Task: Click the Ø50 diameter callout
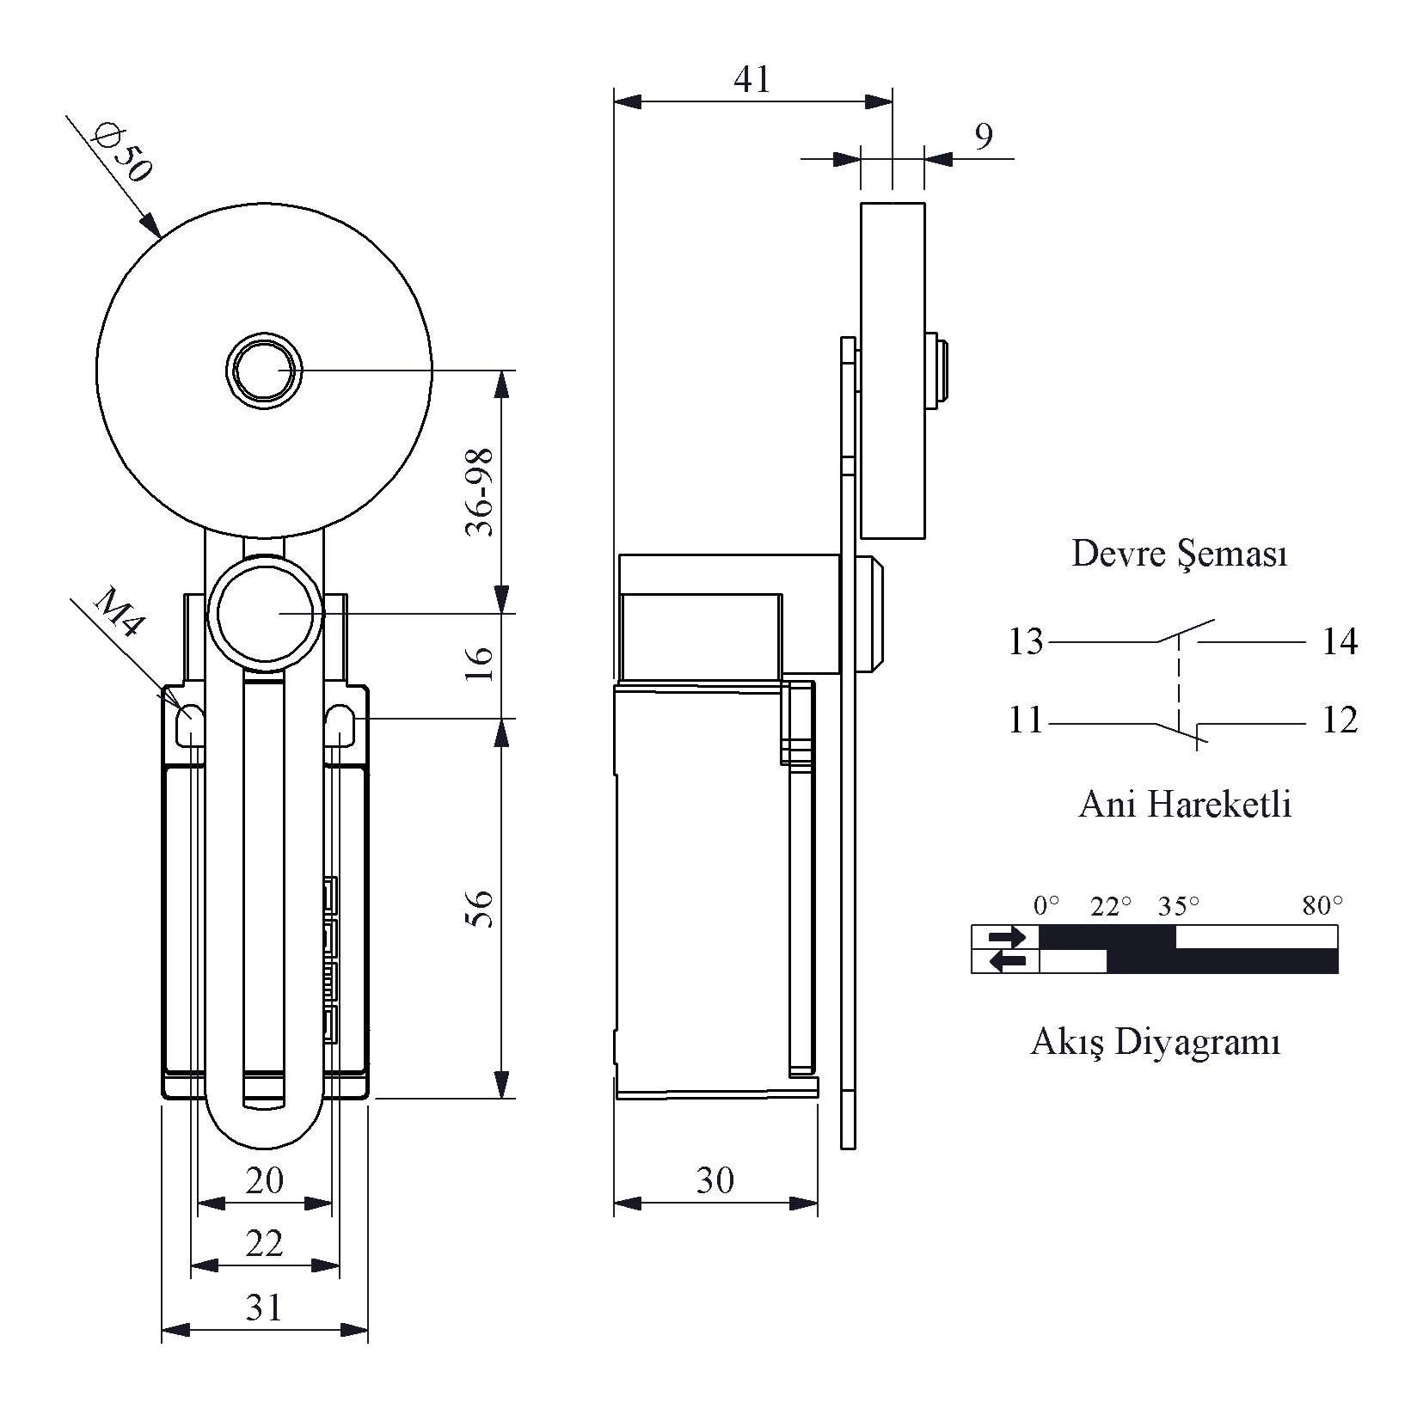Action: tap(124, 154)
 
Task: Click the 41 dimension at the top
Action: tap(752, 80)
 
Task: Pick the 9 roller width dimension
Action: tap(984, 136)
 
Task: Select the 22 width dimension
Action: tap(264, 1243)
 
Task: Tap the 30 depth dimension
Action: tap(715, 1181)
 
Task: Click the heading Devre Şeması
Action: tap(1180, 554)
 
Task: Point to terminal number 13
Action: tap(1026, 642)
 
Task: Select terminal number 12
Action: tap(1339, 720)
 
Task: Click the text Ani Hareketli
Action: tap(1185, 805)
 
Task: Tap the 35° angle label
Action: tap(1177, 906)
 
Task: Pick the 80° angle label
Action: tap(1322, 906)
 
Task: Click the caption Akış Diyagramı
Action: tap(1156, 1043)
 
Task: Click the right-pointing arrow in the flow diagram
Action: tap(1005, 936)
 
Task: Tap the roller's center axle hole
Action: tap(265, 371)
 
